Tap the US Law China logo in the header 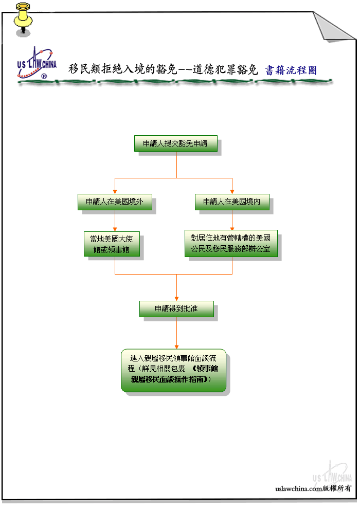(37, 63)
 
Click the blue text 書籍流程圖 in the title (291, 70)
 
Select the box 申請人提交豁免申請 (175, 143)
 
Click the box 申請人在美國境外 (115, 202)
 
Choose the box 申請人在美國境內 (232, 202)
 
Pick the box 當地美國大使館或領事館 (112, 244)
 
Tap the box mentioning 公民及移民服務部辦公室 (231, 244)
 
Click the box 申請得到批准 (176, 308)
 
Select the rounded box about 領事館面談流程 (173, 370)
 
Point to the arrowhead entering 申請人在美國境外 (115, 192)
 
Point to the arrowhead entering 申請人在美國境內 (232, 192)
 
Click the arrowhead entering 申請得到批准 (176, 299)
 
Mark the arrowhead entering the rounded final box (176, 347)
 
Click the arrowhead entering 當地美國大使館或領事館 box (115, 229)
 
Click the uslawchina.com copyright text (313, 488)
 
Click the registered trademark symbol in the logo (44, 76)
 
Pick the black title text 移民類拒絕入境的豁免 (122, 69)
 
